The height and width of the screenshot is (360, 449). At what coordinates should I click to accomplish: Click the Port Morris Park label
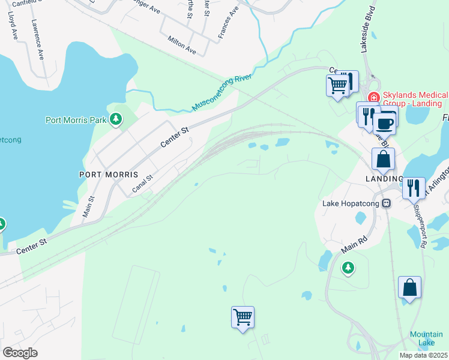[x=76, y=120]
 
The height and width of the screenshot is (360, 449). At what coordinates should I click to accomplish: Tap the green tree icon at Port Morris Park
[x=116, y=120]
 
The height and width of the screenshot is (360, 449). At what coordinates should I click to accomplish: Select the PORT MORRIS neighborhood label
[x=109, y=175]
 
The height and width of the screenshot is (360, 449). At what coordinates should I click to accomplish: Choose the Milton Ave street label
[x=182, y=44]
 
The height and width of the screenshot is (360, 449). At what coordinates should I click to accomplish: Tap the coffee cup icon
[x=384, y=124]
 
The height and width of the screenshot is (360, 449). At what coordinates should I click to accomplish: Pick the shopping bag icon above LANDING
[x=383, y=159]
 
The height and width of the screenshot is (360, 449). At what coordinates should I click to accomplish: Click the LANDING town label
[x=384, y=179]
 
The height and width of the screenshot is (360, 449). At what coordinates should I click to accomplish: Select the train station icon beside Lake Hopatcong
[x=387, y=203]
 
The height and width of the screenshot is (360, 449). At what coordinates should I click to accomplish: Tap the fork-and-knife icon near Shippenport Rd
[x=414, y=187]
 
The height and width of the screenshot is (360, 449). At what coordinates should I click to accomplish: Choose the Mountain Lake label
[x=426, y=338]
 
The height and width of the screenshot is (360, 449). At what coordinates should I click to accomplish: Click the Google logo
[x=20, y=353]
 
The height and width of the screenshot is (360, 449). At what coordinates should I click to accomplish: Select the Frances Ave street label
[x=229, y=22]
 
